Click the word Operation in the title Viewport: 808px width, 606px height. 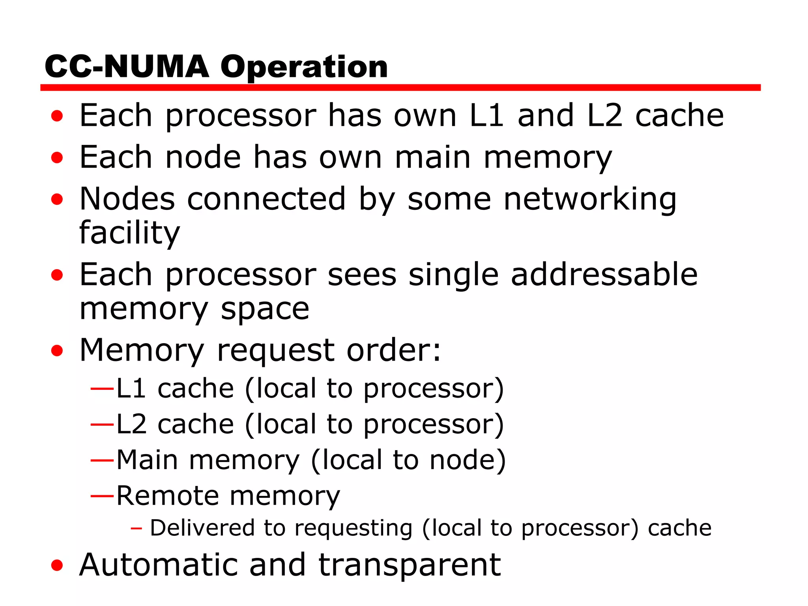click(304, 67)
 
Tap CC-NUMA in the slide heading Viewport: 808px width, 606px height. click(127, 67)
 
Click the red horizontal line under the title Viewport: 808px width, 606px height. click(400, 88)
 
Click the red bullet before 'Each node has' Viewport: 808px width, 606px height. click(57, 158)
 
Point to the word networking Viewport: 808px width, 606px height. click(590, 199)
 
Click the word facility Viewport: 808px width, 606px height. click(129, 233)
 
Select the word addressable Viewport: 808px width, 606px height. click(604, 275)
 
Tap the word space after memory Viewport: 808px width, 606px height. click(265, 309)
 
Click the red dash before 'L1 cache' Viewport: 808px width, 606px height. click(102, 389)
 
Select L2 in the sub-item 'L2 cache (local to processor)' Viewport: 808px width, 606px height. click(131, 425)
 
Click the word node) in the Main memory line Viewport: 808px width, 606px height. click(468, 460)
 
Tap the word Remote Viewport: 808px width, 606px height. click(167, 496)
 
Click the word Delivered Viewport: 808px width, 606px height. click(202, 528)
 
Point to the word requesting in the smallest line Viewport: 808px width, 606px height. click(353, 529)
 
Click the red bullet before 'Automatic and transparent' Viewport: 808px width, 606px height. click(57, 565)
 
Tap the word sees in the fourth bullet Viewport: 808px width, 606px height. click(362, 275)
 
